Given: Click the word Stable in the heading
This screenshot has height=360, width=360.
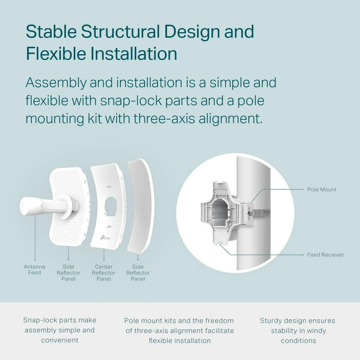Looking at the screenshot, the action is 52,31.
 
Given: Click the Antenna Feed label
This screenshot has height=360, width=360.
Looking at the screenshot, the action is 34,270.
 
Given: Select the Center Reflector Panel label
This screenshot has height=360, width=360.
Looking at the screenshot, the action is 104,273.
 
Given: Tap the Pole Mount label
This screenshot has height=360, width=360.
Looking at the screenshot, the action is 322,189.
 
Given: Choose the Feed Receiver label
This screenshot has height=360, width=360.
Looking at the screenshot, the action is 326,255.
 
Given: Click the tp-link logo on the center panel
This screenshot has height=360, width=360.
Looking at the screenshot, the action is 105,237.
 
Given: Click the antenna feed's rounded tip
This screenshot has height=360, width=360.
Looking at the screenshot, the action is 25,206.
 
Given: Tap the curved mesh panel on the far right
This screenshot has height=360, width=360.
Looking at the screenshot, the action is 141,207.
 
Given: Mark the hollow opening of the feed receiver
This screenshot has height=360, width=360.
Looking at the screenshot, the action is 220,212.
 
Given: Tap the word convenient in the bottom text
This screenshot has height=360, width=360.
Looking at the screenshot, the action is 60,340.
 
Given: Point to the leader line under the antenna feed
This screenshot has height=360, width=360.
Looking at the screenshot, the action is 35,236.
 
